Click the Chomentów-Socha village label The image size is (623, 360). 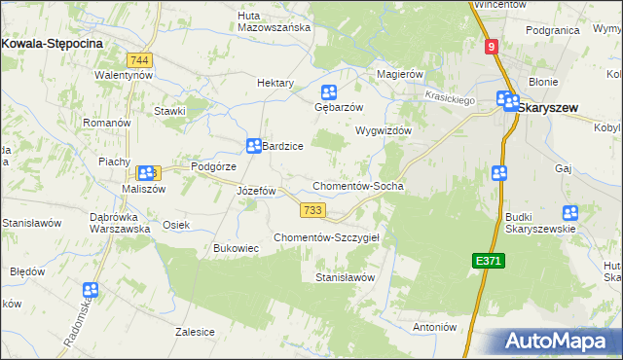click(x=357, y=185)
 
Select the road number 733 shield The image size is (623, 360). click(x=312, y=210)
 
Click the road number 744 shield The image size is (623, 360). click(x=141, y=60)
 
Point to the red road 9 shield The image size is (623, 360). click(x=493, y=46)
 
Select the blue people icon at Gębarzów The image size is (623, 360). click(x=329, y=93)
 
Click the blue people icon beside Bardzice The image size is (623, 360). click(x=253, y=143)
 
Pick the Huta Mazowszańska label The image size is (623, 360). click(x=274, y=20)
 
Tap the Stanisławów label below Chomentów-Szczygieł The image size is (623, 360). click(x=345, y=277)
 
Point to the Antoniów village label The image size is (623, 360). click(x=435, y=327)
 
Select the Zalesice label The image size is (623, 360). click(x=195, y=331)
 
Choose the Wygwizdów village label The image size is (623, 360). click(x=385, y=130)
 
